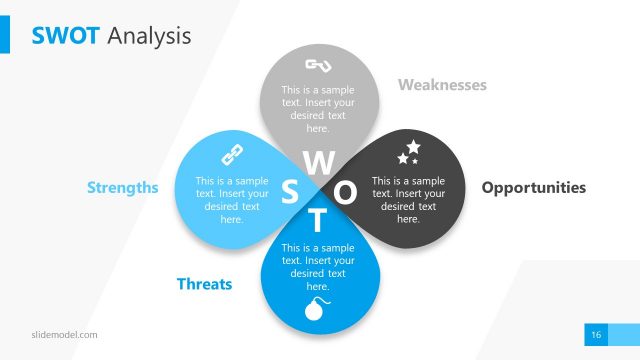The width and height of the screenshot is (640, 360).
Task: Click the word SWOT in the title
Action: (x=66, y=36)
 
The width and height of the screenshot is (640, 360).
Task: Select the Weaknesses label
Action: (x=442, y=85)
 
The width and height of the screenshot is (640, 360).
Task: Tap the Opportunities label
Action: (x=534, y=188)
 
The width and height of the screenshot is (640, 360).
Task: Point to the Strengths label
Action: (x=123, y=188)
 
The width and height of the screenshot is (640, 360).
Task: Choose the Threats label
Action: (x=204, y=284)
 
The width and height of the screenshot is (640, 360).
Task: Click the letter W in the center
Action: (x=319, y=161)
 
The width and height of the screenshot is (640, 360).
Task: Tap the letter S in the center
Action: (x=290, y=191)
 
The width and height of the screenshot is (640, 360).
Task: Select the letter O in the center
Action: (x=345, y=191)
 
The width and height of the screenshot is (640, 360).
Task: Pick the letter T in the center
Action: (x=317, y=220)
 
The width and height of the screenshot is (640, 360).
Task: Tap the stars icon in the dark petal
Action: (x=409, y=152)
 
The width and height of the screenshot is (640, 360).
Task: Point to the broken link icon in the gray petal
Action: (x=318, y=67)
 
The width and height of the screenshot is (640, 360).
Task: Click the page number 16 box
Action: (x=595, y=334)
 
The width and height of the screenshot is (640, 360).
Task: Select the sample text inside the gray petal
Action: (x=318, y=109)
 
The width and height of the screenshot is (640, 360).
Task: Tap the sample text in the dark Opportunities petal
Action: (x=408, y=200)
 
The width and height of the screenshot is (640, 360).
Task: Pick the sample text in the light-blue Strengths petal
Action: (x=232, y=200)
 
